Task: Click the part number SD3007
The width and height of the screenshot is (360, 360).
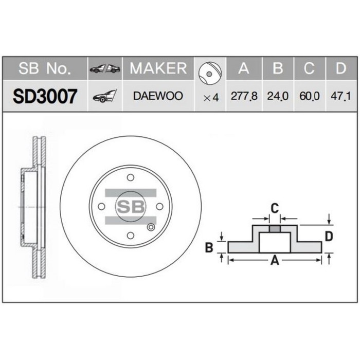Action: point(45,96)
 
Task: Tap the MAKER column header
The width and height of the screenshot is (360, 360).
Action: point(157,68)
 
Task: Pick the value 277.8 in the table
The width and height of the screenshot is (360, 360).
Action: point(244,96)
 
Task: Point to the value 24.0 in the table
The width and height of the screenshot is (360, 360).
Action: point(278,96)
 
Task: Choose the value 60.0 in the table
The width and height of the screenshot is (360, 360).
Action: point(309,96)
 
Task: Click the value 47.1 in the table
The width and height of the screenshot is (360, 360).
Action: point(339,96)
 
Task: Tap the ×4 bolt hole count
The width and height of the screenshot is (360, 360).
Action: point(211,97)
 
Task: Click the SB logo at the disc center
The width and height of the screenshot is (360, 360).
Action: point(131,207)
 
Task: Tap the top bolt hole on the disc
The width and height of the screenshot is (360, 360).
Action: point(131,177)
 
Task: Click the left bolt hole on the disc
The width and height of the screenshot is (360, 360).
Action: point(101,206)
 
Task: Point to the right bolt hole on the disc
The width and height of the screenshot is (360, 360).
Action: point(160,206)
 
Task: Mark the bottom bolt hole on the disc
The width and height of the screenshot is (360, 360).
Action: point(131,236)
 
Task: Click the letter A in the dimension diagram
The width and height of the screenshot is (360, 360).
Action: point(275,261)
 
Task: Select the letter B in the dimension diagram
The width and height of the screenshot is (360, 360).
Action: point(209,248)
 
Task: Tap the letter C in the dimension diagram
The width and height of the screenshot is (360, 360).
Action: point(275,208)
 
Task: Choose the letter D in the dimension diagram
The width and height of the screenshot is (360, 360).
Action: point(329,236)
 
